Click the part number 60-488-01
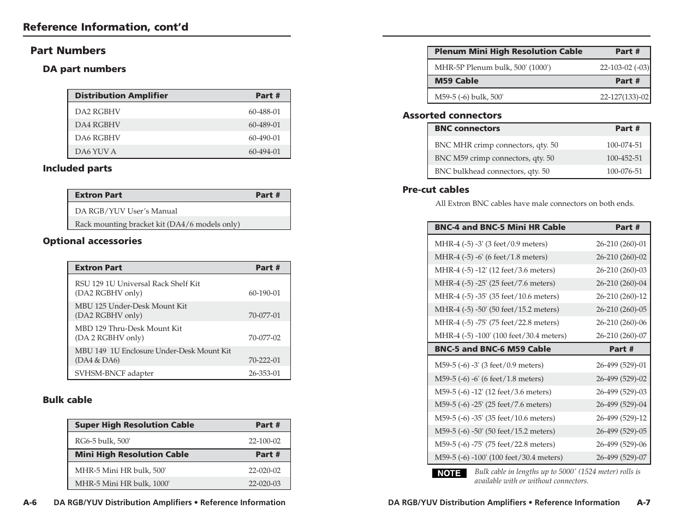(x=264, y=111)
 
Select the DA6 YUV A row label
(x=96, y=151)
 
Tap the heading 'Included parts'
(x=77, y=168)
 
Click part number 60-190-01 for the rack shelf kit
(x=264, y=293)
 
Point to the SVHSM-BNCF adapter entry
(x=114, y=373)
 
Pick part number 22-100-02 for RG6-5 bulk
(x=264, y=441)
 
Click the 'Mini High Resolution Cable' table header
(x=132, y=454)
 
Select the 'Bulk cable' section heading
(x=68, y=400)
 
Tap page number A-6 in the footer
(x=29, y=502)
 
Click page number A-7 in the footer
(x=643, y=502)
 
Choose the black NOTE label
(x=449, y=473)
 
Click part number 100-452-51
(x=624, y=158)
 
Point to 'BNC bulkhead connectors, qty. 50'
(x=492, y=171)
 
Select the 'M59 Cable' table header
(x=456, y=81)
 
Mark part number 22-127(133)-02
(x=624, y=97)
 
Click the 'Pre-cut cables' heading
(x=436, y=190)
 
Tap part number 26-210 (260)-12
(x=621, y=296)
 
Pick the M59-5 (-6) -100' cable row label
(x=498, y=457)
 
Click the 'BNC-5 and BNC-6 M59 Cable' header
(x=492, y=349)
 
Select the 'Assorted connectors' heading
(x=452, y=115)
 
